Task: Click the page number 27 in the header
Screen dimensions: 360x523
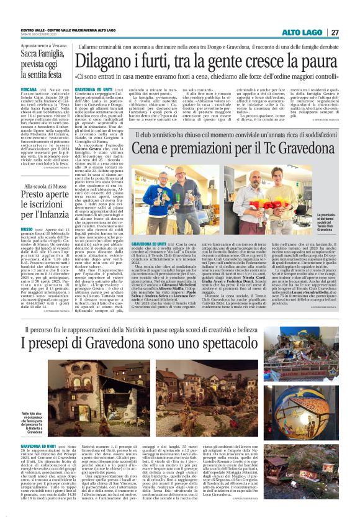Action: click(335, 32)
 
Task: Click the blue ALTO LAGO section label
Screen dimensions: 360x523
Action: click(301, 32)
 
